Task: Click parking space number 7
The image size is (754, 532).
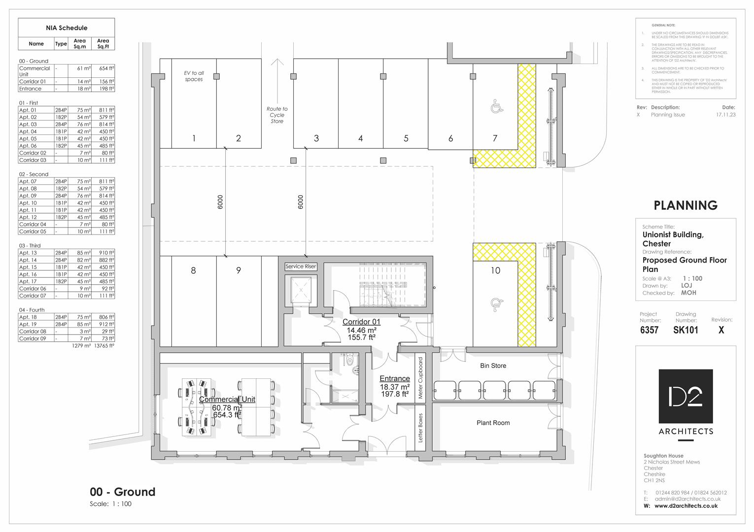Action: pos(495,138)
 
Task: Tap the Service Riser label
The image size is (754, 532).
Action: pos(301,266)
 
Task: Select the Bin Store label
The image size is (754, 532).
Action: pos(493,366)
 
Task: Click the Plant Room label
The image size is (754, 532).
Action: pos(493,423)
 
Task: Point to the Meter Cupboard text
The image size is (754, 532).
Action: pos(420,378)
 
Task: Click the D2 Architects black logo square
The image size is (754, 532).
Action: pos(685,396)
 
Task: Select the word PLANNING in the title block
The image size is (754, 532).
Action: pos(685,205)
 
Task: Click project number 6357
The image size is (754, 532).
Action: pos(649,330)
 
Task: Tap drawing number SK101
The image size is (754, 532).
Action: pos(685,330)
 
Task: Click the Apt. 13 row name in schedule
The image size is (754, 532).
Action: pos(28,253)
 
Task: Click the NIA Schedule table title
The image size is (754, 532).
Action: pos(67,28)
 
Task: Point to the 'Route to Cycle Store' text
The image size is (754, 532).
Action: pos(277,115)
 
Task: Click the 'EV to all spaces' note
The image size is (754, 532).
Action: pos(194,76)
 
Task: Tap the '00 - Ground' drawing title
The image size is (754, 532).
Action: pos(122,492)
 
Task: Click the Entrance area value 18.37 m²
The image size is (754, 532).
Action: pos(394,387)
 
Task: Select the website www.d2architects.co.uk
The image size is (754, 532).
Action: pos(685,506)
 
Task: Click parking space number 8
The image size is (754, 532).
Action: pos(193,270)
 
